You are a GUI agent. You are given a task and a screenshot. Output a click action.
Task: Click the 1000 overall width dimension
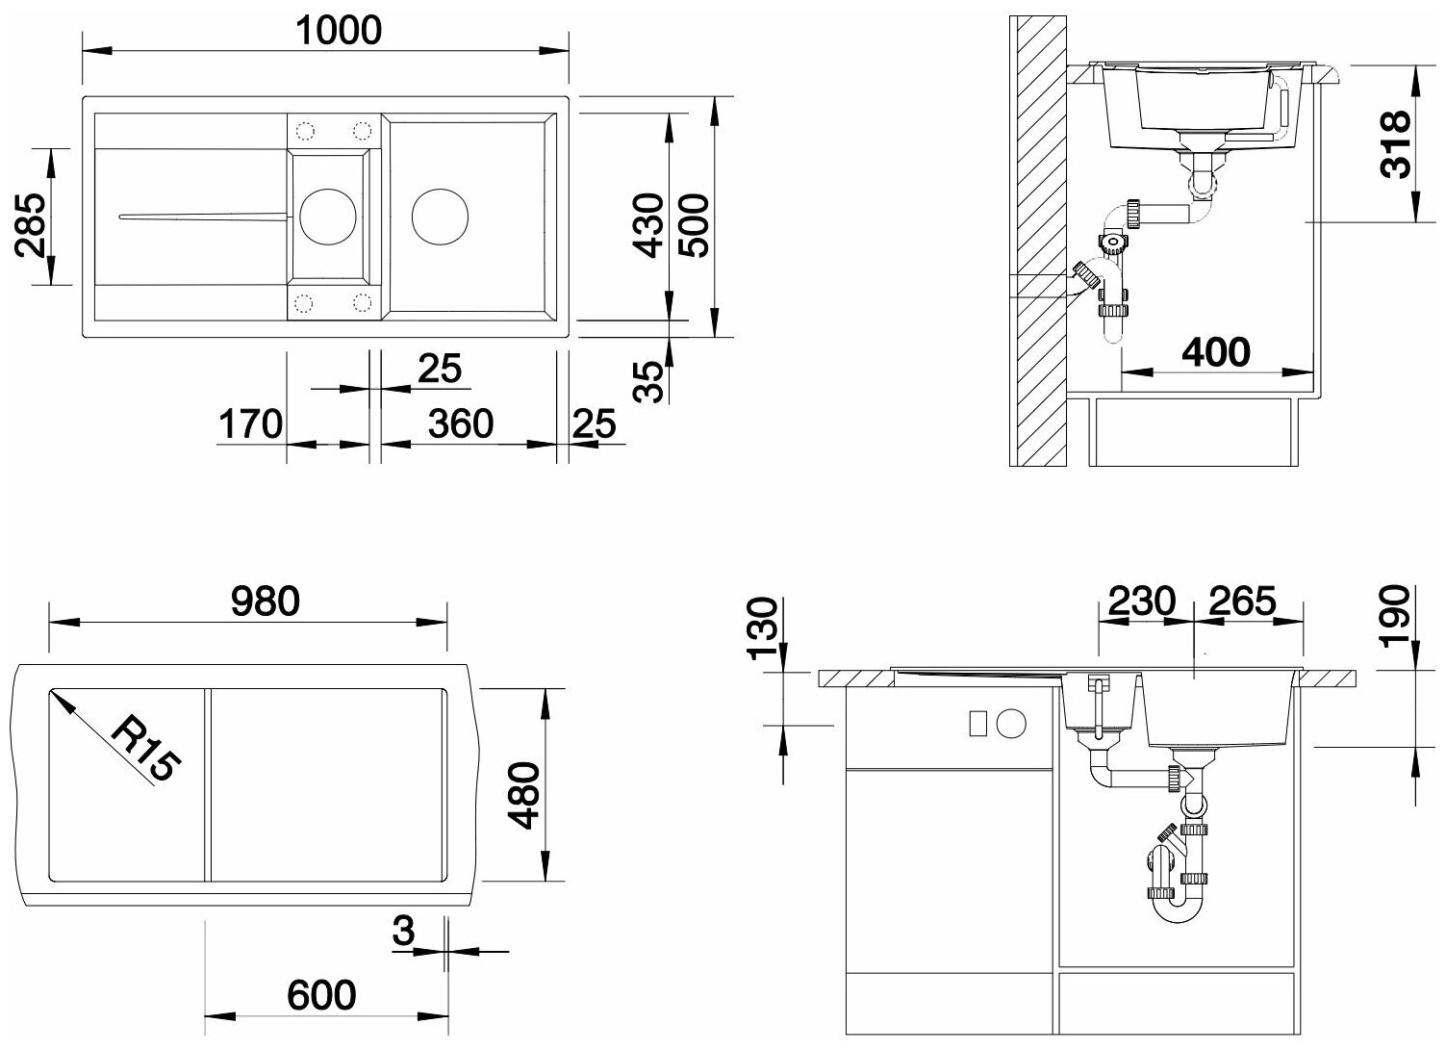(339, 31)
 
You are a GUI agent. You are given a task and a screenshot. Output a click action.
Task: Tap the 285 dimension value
(31, 225)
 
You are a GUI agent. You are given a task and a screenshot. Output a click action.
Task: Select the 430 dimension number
(648, 224)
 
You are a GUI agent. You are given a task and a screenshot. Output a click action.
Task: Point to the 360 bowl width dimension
(461, 423)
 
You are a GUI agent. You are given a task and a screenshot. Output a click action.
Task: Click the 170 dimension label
(250, 423)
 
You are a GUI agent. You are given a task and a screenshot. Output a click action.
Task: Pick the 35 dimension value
(648, 382)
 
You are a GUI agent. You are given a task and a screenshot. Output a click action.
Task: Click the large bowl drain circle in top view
(440, 217)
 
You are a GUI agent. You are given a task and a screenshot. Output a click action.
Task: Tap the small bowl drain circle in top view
(328, 217)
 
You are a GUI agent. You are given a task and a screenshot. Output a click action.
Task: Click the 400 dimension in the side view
(1216, 352)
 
